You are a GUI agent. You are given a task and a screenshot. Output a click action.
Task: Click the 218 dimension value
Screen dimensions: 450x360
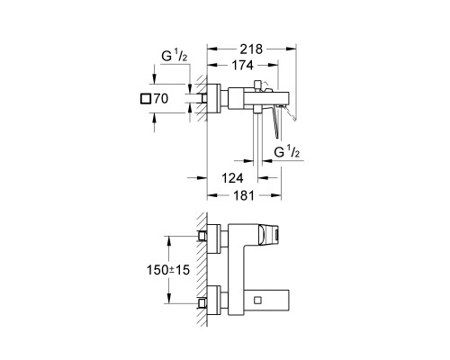click(x=251, y=49)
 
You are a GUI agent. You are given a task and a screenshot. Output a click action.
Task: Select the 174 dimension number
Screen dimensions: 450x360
click(x=243, y=65)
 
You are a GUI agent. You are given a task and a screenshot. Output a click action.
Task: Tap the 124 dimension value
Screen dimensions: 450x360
click(x=232, y=178)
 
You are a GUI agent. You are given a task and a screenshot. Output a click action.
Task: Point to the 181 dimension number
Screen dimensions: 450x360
click(x=244, y=195)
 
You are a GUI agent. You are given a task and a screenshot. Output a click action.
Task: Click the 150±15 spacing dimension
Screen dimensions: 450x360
click(x=168, y=270)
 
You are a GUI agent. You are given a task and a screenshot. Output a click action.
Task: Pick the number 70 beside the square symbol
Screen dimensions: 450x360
click(x=161, y=99)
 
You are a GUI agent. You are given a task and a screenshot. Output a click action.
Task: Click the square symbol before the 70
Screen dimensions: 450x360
click(x=146, y=99)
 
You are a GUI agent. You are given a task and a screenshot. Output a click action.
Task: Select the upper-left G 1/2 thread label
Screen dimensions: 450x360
click(x=175, y=56)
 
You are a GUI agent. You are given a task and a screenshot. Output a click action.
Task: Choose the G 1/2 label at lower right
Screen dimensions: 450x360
click(x=287, y=152)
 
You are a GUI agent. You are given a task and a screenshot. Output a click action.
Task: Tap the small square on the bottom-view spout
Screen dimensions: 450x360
click(x=257, y=300)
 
